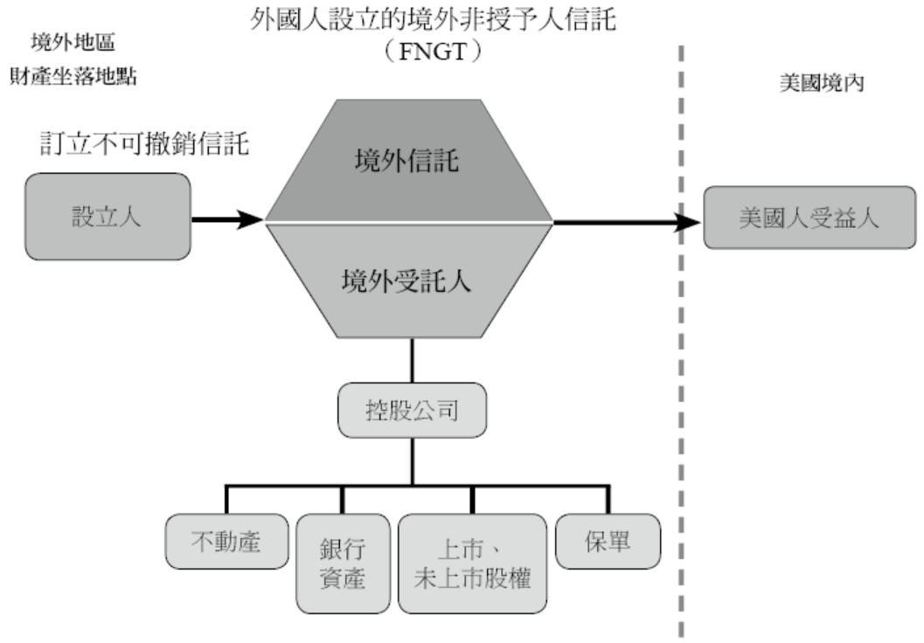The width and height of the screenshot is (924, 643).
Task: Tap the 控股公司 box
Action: [411, 410]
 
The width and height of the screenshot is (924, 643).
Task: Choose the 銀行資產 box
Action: [341, 563]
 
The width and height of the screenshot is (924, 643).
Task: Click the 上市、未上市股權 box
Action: [472, 563]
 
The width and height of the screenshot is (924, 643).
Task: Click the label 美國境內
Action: [814, 83]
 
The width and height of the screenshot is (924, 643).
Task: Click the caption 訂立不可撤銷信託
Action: [145, 142]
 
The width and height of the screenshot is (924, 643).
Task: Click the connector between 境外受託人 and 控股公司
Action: [411, 361]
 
